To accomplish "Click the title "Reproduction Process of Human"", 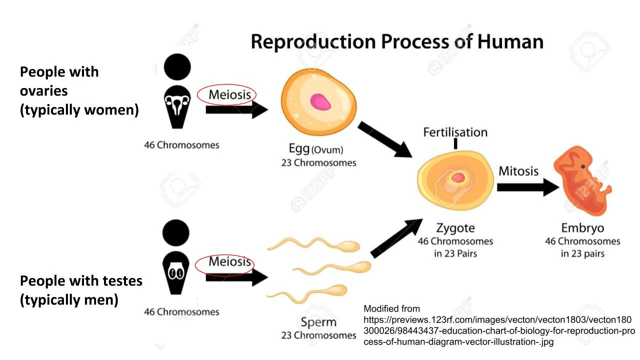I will tap(396, 41).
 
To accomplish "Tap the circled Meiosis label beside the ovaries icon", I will tap(226, 94).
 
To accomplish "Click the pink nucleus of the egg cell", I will tap(320, 102).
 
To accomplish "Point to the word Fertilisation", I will tap(455, 132).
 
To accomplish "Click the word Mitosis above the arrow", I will tap(518, 171).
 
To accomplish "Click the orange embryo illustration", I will tap(582, 180).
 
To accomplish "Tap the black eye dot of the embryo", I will tap(583, 166).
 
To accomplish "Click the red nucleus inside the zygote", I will tap(457, 177).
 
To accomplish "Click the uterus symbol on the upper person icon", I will tap(177, 105).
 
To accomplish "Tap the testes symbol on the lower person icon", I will tap(176, 273).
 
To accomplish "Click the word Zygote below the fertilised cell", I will tap(455, 228).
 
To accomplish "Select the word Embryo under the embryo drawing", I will tap(582, 228).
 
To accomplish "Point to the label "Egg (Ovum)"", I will tap(316, 149).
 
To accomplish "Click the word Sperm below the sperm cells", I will tap(318, 322).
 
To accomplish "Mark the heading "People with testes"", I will tap(81, 281).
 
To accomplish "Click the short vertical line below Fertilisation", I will tap(455, 143).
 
